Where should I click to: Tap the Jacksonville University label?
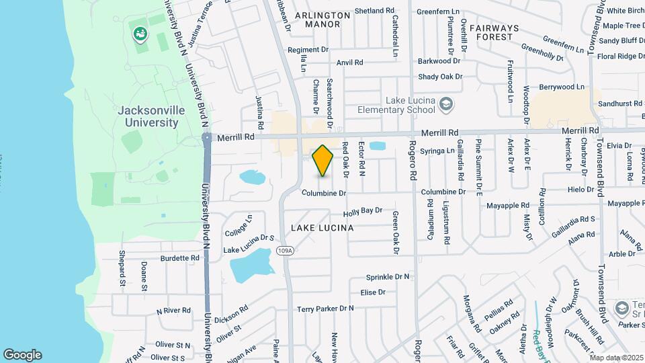point(148,117)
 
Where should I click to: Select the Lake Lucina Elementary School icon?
point(446,104)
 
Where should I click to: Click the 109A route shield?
point(284,251)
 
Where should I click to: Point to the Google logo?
point(22,355)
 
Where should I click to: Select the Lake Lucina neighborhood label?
point(322,229)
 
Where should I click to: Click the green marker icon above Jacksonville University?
point(140,32)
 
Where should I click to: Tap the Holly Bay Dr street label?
point(362,212)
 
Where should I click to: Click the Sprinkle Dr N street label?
point(388,277)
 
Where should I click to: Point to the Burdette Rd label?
point(179,257)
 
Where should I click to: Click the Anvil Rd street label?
point(349,63)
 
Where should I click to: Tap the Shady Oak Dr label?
point(440,77)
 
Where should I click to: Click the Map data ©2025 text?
point(616,358)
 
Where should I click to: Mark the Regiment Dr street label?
point(308,50)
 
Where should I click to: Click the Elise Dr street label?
point(373,292)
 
